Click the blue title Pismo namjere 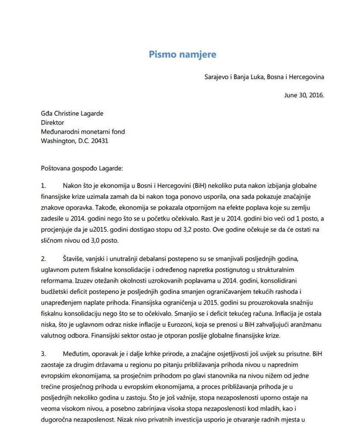182,54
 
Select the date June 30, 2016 304,95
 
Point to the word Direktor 53,122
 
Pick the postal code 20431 100,140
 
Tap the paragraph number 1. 43,186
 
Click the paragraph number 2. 43,259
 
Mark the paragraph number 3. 43,354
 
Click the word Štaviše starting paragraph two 74,259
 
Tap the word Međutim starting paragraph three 76,354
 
